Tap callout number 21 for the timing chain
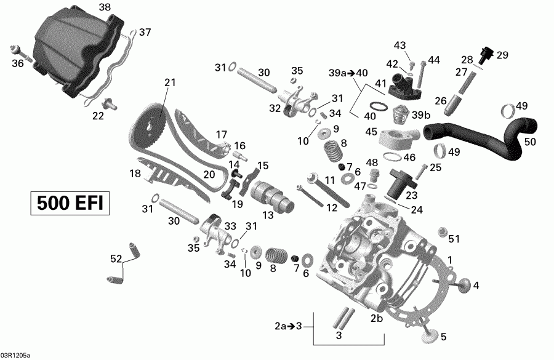tap(170, 82)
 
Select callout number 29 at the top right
tap(502, 55)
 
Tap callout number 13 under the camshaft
tap(268, 215)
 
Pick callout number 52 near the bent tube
tap(115, 260)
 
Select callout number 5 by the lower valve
tap(444, 337)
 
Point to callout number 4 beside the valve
tap(476, 285)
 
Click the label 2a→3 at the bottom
tap(287, 326)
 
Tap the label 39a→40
tap(348, 73)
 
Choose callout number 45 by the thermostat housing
tap(371, 131)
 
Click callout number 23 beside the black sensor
tap(411, 194)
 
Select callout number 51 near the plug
tap(454, 239)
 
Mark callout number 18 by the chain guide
tap(135, 174)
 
